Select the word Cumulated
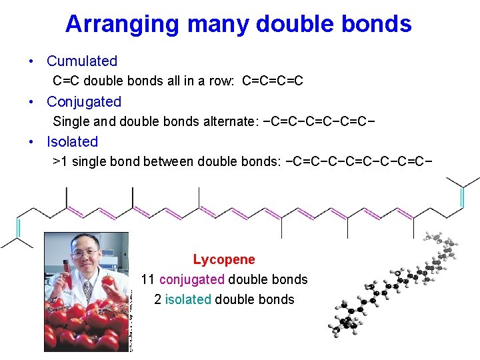coord(82,61)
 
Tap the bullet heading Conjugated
coord(84,102)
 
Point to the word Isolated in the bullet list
coord(72,142)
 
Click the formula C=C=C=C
coord(273,81)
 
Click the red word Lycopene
coord(224,259)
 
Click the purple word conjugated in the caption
coord(193,279)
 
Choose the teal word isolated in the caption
coord(188,299)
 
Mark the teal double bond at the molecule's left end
coord(19,228)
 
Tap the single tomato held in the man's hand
coord(108,280)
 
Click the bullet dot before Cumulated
coord(32,61)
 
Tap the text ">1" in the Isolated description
coord(60,162)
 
